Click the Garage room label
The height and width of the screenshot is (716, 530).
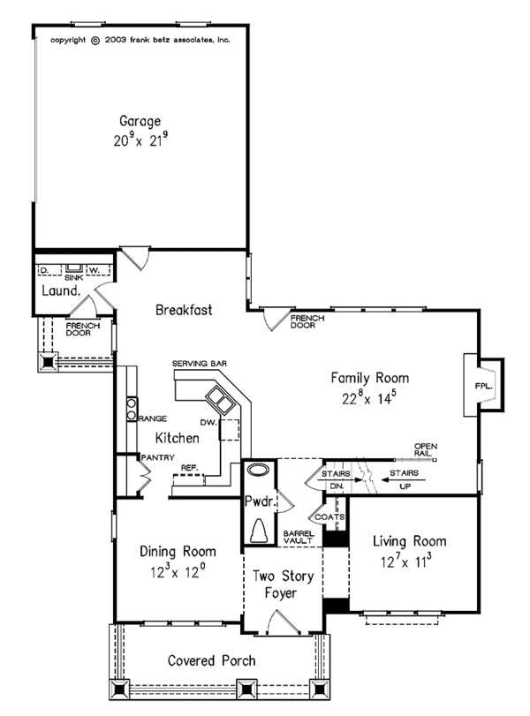tap(140, 121)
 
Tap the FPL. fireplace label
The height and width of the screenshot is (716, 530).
tap(484, 386)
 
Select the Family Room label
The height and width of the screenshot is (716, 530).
tap(369, 378)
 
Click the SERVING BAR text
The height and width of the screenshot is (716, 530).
tap(200, 364)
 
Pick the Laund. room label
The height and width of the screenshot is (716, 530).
tap(61, 290)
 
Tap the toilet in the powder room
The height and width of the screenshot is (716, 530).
tap(260, 531)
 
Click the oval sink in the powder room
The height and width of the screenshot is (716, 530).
tap(259, 470)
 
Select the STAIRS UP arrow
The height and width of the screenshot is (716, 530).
tap(404, 480)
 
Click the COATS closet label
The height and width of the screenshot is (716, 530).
tap(329, 516)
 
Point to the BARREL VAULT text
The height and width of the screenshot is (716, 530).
tap(299, 537)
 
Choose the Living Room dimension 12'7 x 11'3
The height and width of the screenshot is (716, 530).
tap(406, 561)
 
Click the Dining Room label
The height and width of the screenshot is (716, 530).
tap(178, 551)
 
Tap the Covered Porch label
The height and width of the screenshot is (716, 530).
tap(211, 660)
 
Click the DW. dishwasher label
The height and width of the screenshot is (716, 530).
tap(208, 422)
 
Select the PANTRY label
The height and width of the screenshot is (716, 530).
tap(157, 457)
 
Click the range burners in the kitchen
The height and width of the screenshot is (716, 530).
tap(132, 409)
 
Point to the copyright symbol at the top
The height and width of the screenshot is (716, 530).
tap(95, 41)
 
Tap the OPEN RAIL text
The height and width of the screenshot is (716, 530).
tap(426, 449)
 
